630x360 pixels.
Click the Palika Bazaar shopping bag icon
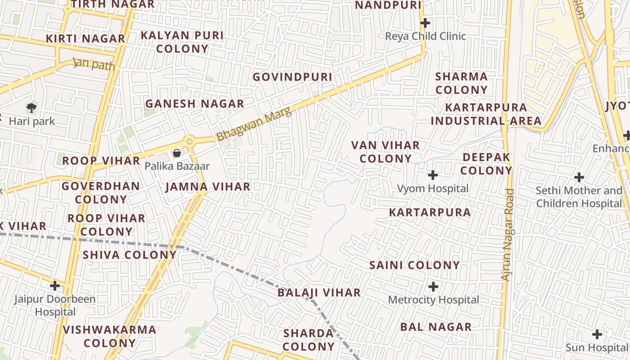coord(177,153)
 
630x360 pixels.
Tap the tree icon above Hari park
coord(31,108)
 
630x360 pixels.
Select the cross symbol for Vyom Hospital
coord(433,175)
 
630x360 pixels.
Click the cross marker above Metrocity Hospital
coord(433,286)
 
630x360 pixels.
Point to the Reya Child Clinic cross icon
coord(425,22)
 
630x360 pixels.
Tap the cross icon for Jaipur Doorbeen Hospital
coord(55,285)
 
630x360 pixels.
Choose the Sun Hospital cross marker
coord(597,334)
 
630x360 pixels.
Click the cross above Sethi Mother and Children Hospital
coord(579,177)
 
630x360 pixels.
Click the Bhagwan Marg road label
coord(254,124)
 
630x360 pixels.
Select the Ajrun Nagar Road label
coord(508,234)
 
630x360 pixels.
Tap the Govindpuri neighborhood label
coord(292,77)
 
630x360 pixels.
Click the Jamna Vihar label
coord(208,187)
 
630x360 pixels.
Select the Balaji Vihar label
coord(319,292)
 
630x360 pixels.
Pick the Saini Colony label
coord(414,265)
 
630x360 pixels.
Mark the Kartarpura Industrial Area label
coord(486,114)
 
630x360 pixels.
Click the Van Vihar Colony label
coord(386,152)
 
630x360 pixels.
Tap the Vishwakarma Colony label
coord(109,336)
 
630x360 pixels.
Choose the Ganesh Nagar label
coord(194,103)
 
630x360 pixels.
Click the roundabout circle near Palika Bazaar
coord(189,141)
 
